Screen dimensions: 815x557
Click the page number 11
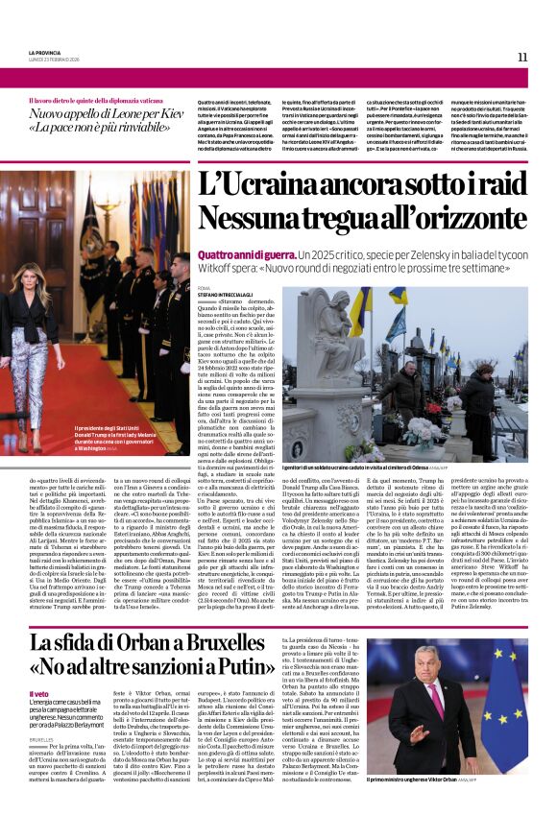click(522, 57)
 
